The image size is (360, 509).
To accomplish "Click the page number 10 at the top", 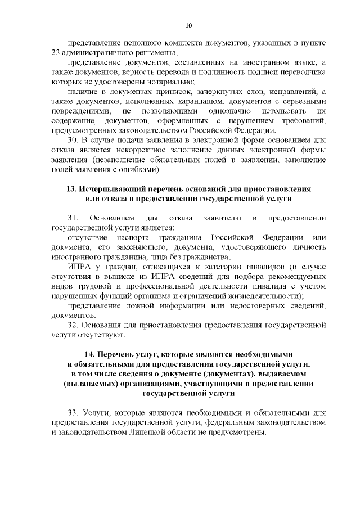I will coord(189,25).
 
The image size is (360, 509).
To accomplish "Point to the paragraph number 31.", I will coord(73,218).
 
